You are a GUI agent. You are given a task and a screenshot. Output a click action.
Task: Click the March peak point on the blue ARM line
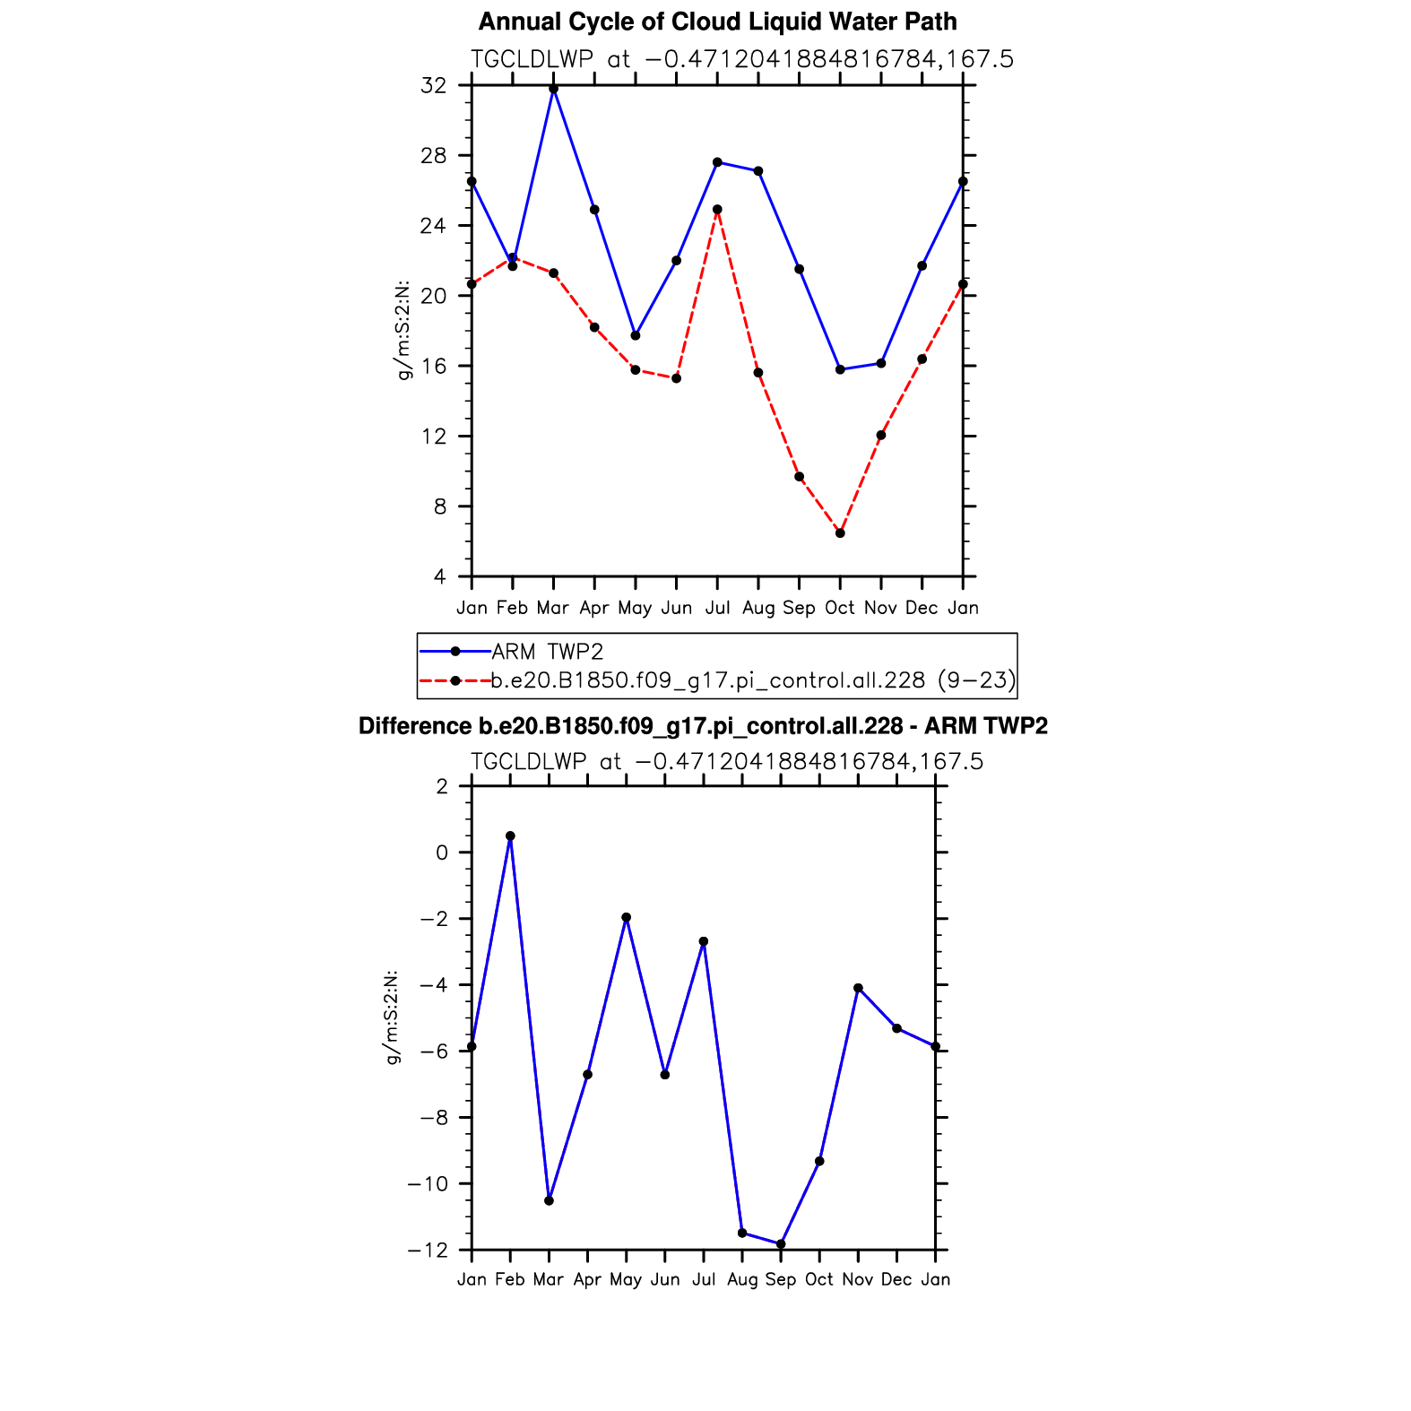[553, 89]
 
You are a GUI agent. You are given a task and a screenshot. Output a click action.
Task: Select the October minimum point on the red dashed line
[840, 533]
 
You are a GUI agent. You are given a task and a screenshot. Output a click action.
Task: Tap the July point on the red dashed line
[717, 210]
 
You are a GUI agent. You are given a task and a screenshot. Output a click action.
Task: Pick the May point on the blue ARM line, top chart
[636, 335]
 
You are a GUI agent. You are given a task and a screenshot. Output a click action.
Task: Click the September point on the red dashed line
[799, 477]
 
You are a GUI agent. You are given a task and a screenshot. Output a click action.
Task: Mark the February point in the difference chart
[510, 835]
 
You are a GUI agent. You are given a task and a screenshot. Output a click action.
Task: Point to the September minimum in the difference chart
[781, 1244]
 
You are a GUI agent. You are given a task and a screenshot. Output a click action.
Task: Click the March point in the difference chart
[549, 1200]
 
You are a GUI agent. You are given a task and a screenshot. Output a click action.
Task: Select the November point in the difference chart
[858, 988]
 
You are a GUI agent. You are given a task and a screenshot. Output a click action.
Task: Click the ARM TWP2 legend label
[547, 652]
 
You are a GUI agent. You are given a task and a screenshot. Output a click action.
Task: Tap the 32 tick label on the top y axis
[433, 86]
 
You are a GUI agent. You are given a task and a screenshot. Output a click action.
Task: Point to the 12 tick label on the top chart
[433, 437]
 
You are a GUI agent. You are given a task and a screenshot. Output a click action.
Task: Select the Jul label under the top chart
[717, 608]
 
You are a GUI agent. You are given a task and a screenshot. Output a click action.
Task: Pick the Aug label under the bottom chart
[742, 1279]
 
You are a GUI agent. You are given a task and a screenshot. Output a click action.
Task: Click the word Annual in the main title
[516, 22]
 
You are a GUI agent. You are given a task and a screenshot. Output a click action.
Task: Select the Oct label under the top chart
[840, 608]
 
